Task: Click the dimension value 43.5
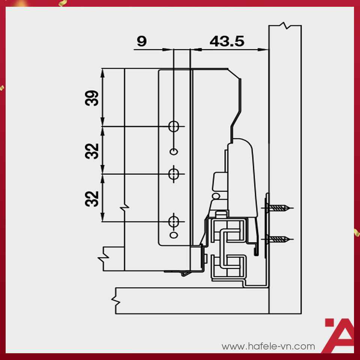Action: pyautogui.click(x=226, y=41)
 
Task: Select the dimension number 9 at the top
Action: pyautogui.click(x=141, y=41)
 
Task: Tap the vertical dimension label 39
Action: pyautogui.click(x=92, y=98)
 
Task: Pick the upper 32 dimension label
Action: pyautogui.click(x=92, y=150)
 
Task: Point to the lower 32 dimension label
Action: pyautogui.click(x=92, y=198)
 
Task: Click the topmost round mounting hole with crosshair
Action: pyautogui.click(x=174, y=126)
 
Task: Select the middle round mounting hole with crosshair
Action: pyautogui.click(x=174, y=174)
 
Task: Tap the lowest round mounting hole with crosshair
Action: pyautogui.click(x=174, y=222)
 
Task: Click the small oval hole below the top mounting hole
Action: pyautogui.click(x=174, y=151)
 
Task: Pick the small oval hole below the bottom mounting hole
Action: pyautogui.click(x=174, y=235)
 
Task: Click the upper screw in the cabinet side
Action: pyautogui.click(x=280, y=208)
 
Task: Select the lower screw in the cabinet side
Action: pyautogui.click(x=280, y=239)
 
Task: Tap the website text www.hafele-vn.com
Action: pyautogui.click(x=268, y=346)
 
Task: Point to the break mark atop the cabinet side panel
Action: pyautogui.click(x=285, y=26)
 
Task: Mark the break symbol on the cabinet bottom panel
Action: pyautogui.click(x=116, y=300)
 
